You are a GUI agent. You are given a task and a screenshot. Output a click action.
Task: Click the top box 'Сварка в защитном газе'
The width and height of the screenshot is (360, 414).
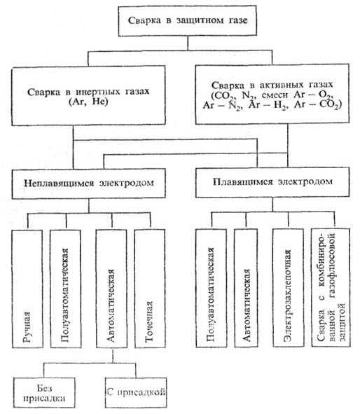[188, 20]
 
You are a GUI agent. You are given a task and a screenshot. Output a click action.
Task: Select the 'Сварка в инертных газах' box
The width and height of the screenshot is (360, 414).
[88, 95]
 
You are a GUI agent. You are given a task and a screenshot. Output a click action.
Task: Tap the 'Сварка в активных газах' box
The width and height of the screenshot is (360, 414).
[272, 94]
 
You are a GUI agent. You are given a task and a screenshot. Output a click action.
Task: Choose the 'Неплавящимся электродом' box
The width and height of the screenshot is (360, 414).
[89, 184]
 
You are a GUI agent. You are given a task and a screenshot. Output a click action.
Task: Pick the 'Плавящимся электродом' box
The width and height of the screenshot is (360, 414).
[272, 182]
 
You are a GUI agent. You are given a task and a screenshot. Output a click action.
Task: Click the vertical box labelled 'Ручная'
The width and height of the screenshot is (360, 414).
[27, 289]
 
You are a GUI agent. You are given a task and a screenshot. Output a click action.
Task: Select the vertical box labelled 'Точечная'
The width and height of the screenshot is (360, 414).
[150, 289]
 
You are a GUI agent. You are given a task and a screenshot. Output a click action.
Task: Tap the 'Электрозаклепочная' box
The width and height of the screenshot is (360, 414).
[288, 287]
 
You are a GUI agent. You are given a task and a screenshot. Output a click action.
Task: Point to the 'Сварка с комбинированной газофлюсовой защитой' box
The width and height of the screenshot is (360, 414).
[331, 287]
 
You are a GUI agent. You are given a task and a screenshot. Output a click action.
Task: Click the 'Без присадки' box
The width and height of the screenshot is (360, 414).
[44, 393]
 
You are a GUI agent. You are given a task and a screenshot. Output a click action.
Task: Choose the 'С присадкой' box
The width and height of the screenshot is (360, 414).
[136, 392]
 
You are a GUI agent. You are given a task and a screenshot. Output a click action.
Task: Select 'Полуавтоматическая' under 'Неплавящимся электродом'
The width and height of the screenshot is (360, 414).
[65, 289]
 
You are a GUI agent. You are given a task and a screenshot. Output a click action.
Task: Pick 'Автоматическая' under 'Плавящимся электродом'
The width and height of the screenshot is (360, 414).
[246, 288]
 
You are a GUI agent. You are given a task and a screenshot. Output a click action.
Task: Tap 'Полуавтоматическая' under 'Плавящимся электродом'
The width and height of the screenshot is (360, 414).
[211, 288]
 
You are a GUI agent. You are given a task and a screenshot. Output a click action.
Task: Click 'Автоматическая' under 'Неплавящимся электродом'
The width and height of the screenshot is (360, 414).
[111, 289]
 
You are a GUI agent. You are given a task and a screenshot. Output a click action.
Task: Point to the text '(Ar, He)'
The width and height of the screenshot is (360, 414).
[88, 102]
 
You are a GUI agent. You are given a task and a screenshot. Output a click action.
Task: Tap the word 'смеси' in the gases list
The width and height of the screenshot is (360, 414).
[275, 95]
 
